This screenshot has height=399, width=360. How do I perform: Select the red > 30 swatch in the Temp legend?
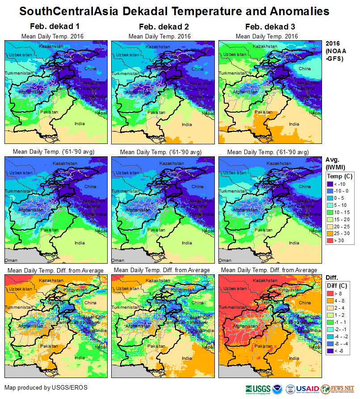331,241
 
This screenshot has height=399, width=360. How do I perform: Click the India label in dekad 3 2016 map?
294,124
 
